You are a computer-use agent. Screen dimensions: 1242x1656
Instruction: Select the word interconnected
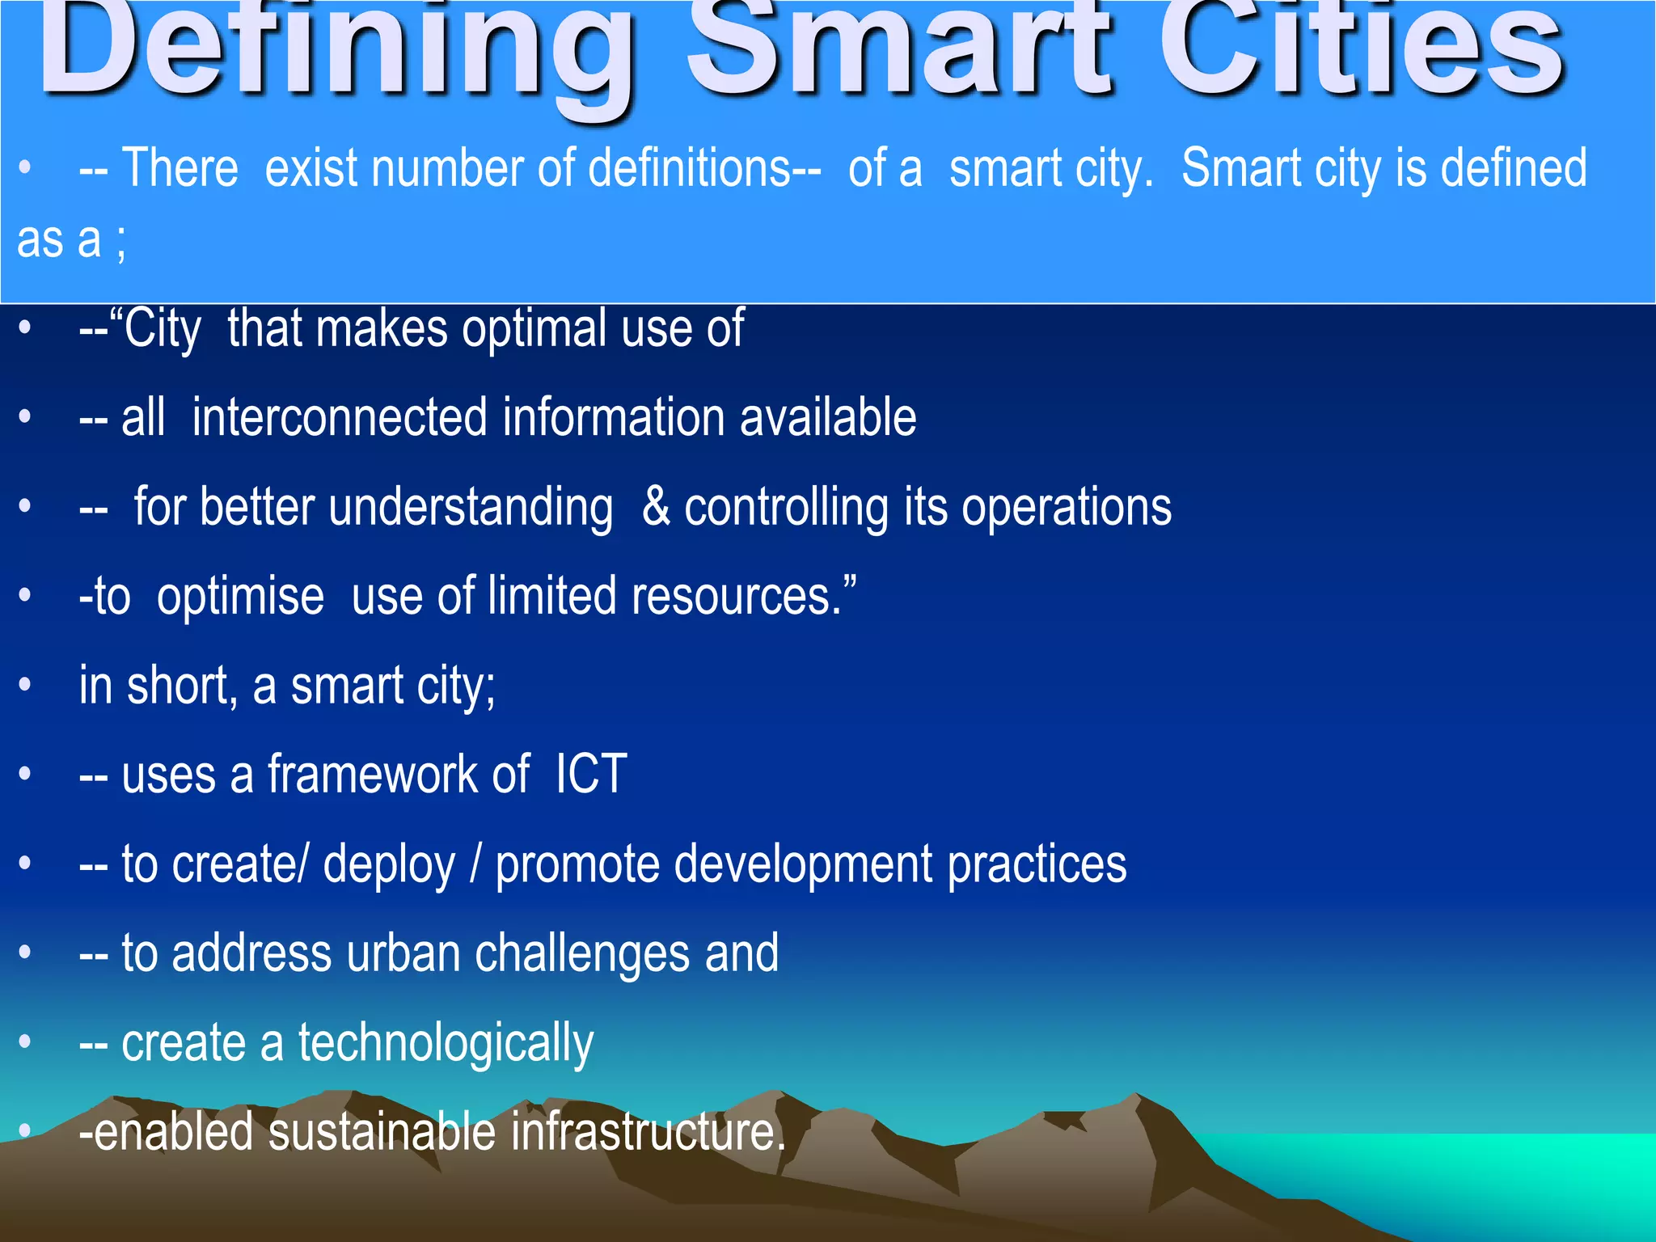(340, 418)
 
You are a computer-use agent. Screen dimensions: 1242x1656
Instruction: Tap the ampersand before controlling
(656, 508)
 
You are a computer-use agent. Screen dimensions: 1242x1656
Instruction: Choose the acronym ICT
(591, 775)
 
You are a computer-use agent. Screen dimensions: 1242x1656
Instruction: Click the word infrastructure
(647, 1132)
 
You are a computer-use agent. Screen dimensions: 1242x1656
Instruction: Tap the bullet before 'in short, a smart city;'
(25, 686)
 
